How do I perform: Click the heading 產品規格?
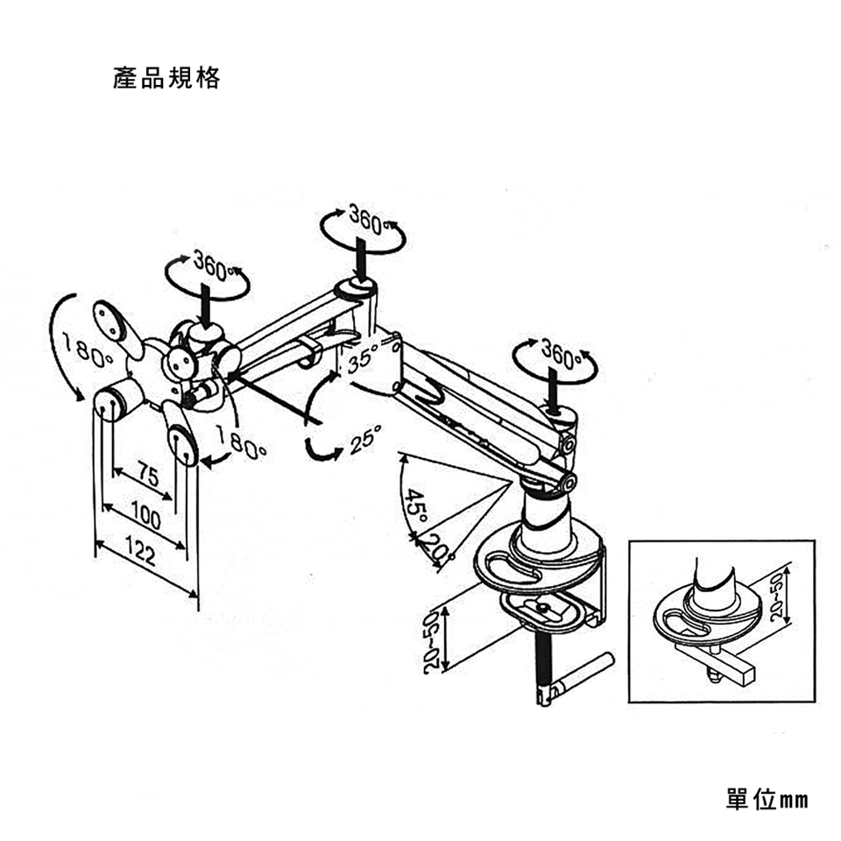pos(166,79)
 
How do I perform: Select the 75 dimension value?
pos(148,476)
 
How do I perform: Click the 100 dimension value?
pos(145,519)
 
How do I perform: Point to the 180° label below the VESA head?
pos(241,445)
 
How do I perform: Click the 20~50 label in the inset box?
pos(777,596)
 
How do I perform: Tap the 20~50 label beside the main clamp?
pos(431,641)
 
